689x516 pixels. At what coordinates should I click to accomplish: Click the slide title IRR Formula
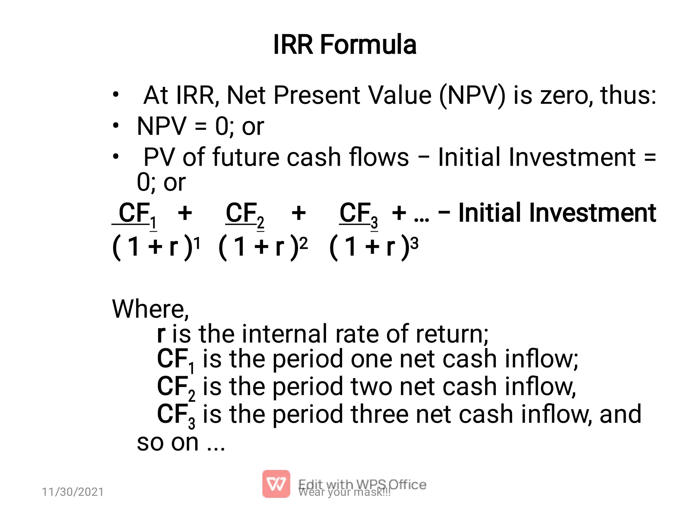(x=344, y=44)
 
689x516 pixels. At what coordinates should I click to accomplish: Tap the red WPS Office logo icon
(x=276, y=484)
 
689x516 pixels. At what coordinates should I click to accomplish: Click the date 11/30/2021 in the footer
(x=73, y=492)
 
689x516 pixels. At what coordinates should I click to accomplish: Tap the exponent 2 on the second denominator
(x=303, y=243)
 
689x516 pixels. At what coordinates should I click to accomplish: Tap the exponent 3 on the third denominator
(x=414, y=243)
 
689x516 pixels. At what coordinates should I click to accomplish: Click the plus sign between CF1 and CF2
(x=185, y=213)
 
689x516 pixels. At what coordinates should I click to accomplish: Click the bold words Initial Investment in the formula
(x=557, y=213)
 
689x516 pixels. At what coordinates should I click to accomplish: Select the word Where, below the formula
(x=150, y=309)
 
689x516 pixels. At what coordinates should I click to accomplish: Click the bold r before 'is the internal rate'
(x=161, y=334)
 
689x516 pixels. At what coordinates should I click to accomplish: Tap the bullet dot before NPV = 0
(x=116, y=126)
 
